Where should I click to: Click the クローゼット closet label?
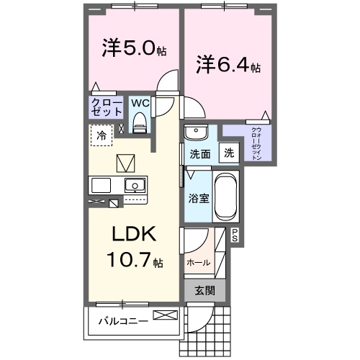pyautogui.click(x=106, y=107)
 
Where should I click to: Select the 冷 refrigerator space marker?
pyautogui.click(x=102, y=135)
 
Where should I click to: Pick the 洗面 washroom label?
pyautogui.click(x=199, y=153)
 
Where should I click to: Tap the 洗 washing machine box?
pyautogui.click(x=228, y=153)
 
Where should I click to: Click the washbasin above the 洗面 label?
pyautogui.click(x=195, y=132)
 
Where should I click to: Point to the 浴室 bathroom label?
pyautogui.click(x=199, y=197)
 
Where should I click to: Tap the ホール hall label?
pyautogui.click(x=199, y=263)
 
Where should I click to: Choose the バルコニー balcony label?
pyautogui.click(x=123, y=320)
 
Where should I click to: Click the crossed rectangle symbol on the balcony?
pyautogui.click(x=163, y=315)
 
